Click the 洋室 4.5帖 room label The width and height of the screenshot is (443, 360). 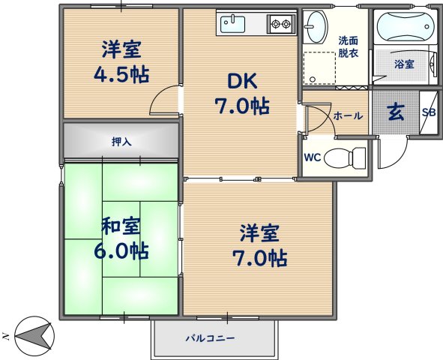pos(121,63)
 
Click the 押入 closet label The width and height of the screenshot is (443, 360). pos(121,141)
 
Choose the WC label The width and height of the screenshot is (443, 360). pos(313,157)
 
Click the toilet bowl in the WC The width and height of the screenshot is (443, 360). pos(349,158)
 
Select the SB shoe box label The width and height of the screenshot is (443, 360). pos(429,112)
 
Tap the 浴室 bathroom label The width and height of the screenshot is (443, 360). pos(404,64)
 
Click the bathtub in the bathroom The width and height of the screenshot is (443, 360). pos(405,28)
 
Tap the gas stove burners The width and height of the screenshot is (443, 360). pos(280,25)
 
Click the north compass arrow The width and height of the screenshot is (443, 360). pos(31,333)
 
